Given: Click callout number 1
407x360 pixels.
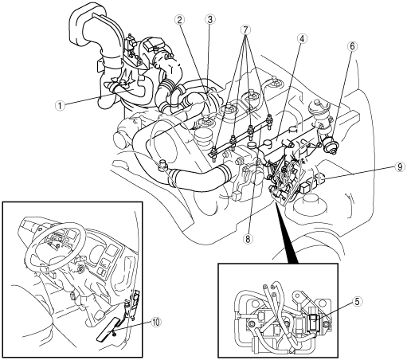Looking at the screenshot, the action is pos(61,106).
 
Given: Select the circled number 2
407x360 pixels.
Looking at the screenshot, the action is pos(180,19).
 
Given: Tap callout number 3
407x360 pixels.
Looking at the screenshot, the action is pos(210,19).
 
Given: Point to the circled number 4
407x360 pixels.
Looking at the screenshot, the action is pos(302,39).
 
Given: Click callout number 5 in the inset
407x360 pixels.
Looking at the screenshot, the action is pos(357,301).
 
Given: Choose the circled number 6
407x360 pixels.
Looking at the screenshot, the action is pos(352,46).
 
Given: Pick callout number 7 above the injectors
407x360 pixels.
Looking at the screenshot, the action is pos(245,30).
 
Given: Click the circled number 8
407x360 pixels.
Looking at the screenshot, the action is pos(248,239).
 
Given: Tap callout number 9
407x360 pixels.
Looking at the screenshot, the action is pos(400,166).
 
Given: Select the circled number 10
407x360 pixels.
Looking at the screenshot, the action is pos(156,323).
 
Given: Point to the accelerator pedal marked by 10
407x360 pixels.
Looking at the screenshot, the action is pos(108,329).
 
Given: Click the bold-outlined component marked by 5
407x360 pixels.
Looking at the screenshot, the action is pos(314,323).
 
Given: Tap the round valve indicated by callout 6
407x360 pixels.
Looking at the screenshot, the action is pos(331,146).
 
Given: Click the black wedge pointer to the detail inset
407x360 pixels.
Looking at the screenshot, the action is pos(287,233).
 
